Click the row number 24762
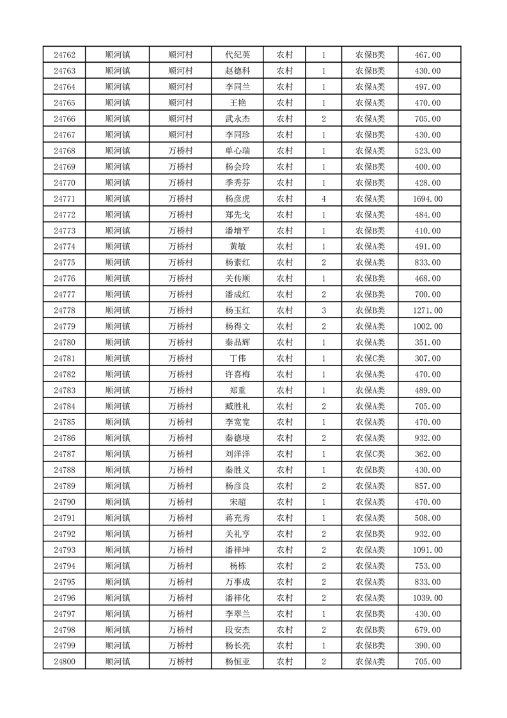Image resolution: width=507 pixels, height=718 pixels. click(65, 55)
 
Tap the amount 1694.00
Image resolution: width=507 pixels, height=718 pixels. click(427, 199)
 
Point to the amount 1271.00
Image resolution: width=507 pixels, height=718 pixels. click(427, 310)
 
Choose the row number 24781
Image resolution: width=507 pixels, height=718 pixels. click(65, 358)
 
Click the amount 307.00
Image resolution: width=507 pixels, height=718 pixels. click(427, 358)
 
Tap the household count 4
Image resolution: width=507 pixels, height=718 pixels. click(324, 199)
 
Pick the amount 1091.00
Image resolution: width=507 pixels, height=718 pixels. click(427, 550)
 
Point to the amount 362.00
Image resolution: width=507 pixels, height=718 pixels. click(427, 454)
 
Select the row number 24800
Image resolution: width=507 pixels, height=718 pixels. click(65, 662)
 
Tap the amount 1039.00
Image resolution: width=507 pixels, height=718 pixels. click(427, 598)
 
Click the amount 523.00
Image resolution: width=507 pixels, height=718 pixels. click(427, 151)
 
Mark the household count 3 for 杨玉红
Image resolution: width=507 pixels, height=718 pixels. click(324, 310)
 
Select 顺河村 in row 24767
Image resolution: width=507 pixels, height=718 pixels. click(181, 135)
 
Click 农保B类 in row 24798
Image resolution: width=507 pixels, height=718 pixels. click(370, 630)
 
